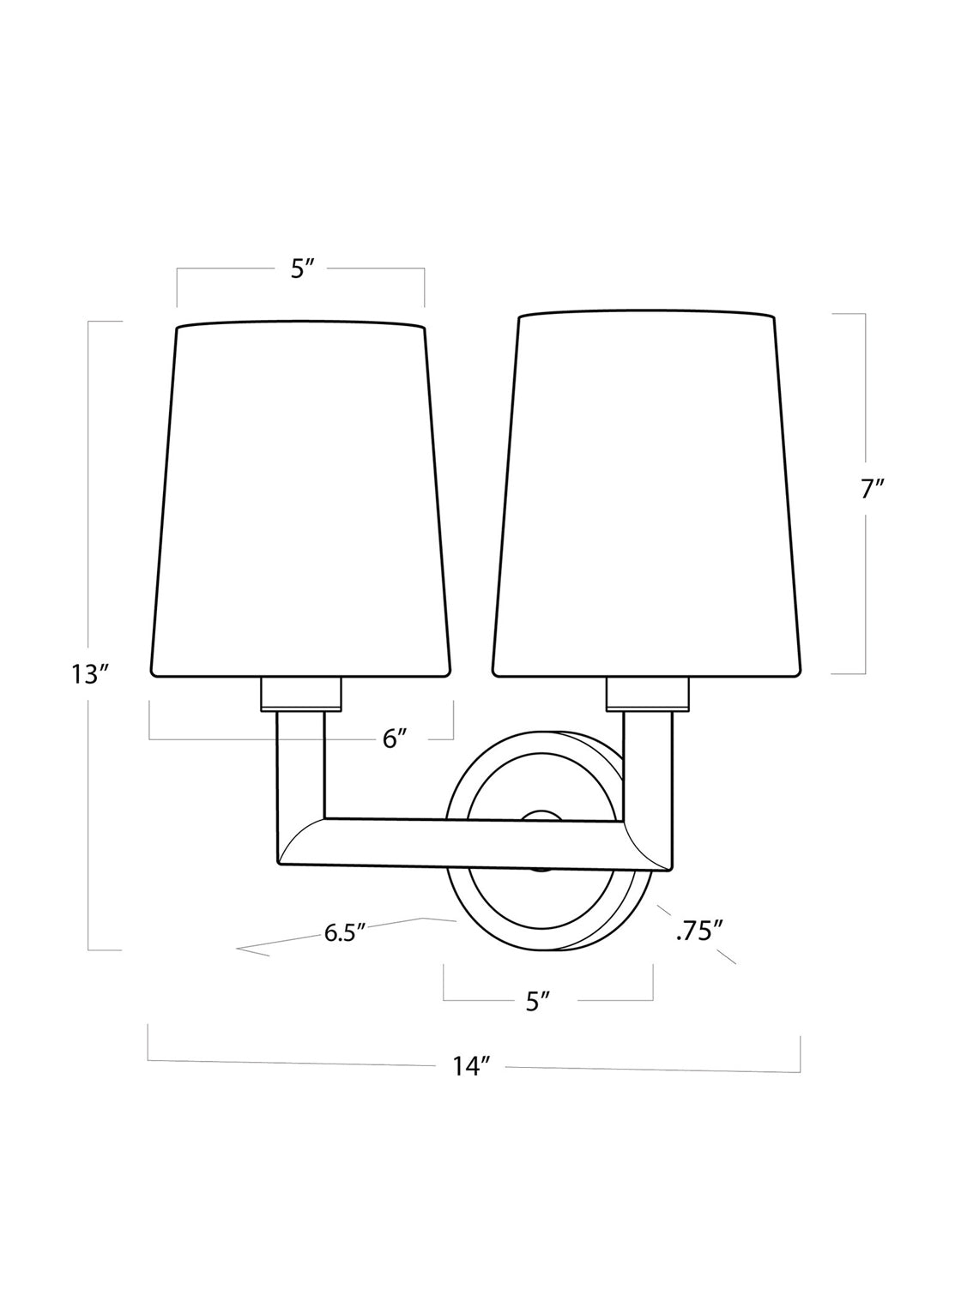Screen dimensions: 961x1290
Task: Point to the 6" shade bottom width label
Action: click(394, 739)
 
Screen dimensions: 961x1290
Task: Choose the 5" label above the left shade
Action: click(303, 270)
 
